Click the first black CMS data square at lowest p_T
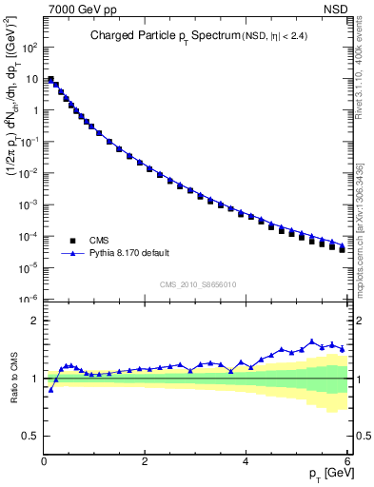click(50, 80)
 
